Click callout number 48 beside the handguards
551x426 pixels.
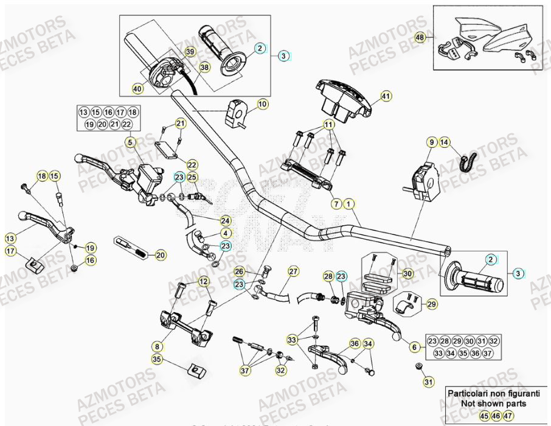pyautogui.click(x=420, y=38)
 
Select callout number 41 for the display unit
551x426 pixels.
pyautogui.click(x=386, y=96)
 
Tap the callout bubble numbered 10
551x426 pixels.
pyautogui.click(x=262, y=105)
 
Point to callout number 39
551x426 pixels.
pyautogui.click(x=190, y=53)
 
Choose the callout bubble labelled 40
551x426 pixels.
pyautogui.click(x=137, y=89)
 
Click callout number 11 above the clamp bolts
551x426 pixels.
pyautogui.click(x=328, y=125)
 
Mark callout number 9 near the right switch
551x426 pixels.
pyautogui.click(x=432, y=142)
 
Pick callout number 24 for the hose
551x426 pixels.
pyautogui.click(x=225, y=220)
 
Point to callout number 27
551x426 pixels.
pyautogui.click(x=293, y=271)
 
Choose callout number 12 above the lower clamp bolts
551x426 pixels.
pyautogui.click(x=203, y=281)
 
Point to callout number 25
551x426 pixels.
pyautogui.click(x=192, y=178)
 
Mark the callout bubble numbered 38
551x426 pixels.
pyautogui.click(x=204, y=68)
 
